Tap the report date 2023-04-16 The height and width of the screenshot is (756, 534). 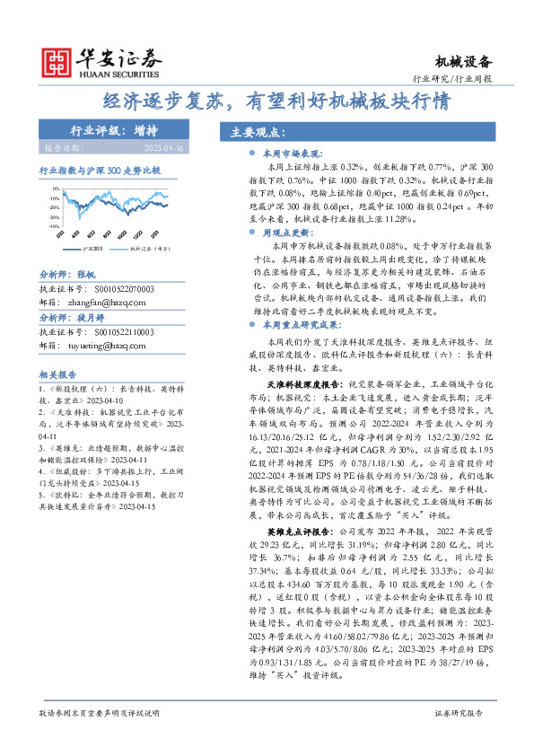pyautogui.click(x=162, y=147)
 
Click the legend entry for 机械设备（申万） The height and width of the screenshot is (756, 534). pyautogui.click(x=148, y=249)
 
